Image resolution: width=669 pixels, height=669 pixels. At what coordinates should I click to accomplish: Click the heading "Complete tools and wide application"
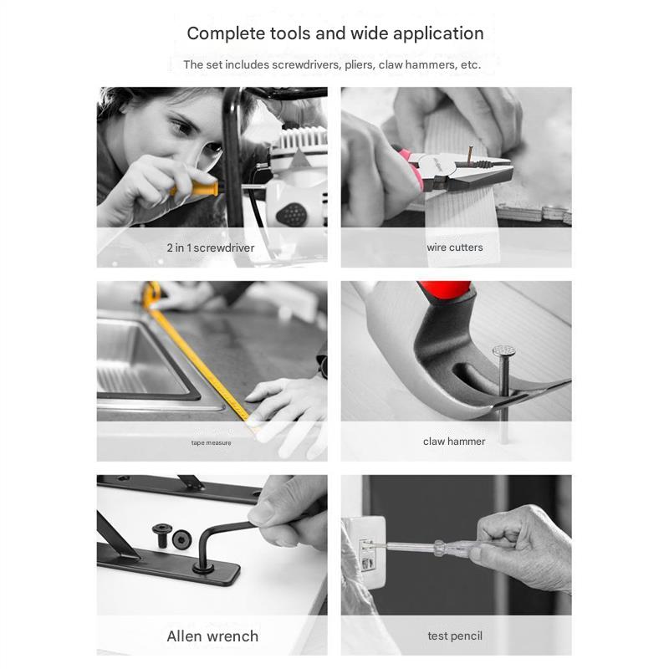coord(334,33)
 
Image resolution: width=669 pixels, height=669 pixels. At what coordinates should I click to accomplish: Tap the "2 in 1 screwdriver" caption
coord(211,248)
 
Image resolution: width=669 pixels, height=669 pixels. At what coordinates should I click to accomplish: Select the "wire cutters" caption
coord(455,248)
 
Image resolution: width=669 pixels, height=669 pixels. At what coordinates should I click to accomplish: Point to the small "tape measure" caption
coord(211,442)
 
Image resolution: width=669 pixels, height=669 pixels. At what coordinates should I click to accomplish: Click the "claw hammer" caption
coord(454,442)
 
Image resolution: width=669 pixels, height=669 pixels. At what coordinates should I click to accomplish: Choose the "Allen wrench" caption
coord(212,636)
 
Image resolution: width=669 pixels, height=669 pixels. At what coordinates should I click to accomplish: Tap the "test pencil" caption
coord(455,636)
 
